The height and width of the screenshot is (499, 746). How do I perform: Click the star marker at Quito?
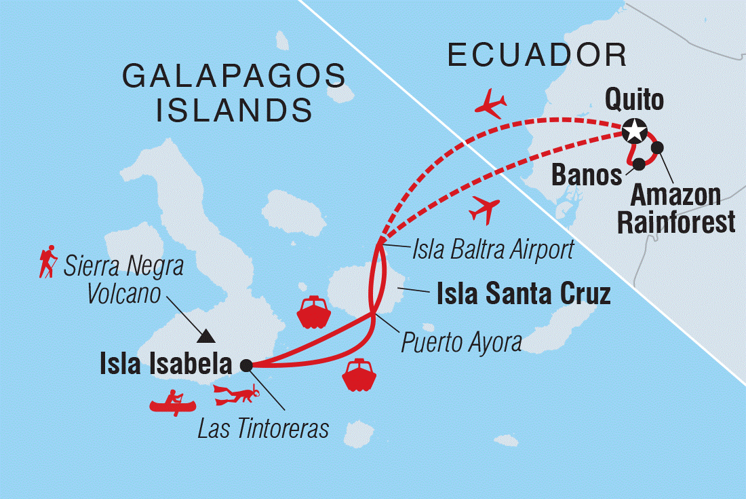pos(634,130)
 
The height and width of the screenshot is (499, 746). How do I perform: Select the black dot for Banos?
pos(638,164)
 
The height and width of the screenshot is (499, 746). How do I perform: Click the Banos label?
pos(587,175)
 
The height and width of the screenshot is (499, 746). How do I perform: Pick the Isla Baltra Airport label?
pos(493,250)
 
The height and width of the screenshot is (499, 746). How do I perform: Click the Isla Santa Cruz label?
pos(524,294)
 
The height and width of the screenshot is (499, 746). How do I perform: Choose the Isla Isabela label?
pos(165,365)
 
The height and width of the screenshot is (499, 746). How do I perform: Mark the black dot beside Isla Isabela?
pos(246,365)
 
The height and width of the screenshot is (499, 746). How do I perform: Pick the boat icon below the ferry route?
pos(359,375)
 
